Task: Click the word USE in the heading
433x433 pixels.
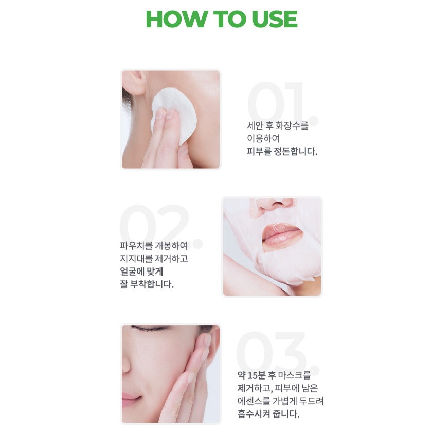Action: pos(275,19)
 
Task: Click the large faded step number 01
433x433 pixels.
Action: pos(283,103)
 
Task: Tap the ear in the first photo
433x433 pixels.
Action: pos(134,83)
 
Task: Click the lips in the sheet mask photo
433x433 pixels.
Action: pos(282,234)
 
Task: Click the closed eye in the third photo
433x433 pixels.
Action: pos(151,328)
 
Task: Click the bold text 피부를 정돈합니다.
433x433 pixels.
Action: pos(282,151)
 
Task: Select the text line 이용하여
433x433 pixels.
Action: pos(263,138)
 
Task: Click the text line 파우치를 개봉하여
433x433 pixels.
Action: pos(154,245)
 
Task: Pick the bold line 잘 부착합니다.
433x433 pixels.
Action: pos(147,284)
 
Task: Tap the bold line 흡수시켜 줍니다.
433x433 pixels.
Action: pos(268,414)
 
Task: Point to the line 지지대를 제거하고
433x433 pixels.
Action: pos(154,259)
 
